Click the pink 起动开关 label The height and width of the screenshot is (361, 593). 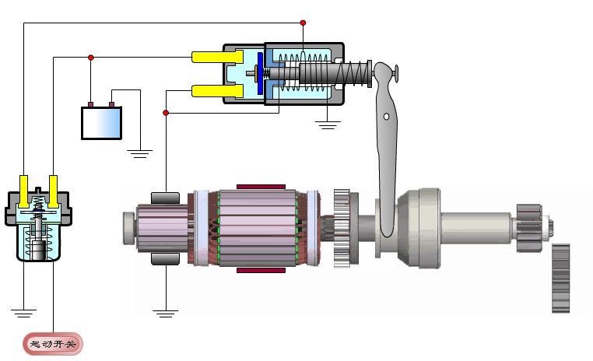tap(53, 344)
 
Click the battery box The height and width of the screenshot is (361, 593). tap(101, 123)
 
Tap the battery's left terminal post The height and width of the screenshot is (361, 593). tap(90, 104)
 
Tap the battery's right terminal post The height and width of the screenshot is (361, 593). tap(111, 104)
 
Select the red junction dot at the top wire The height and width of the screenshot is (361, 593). tap(303, 23)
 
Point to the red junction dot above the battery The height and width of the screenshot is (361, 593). tap(91, 58)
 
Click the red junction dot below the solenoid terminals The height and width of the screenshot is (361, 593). tap(166, 113)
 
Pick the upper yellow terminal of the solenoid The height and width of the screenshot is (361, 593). tap(217, 57)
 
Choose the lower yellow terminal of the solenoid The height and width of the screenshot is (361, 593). tap(217, 91)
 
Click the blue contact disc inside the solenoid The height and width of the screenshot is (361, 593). tap(260, 73)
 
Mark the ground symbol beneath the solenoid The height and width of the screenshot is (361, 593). tap(328, 124)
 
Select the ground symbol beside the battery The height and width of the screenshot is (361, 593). tap(140, 153)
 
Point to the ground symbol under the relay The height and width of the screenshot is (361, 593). tap(24, 313)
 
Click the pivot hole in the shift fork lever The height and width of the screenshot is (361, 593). tap(386, 117)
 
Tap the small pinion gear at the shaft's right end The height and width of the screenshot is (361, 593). tap(529, 228)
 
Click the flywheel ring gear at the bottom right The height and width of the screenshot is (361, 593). tap(561, 279)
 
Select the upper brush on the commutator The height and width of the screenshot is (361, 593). tap(165, 198)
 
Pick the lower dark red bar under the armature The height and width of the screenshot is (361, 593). tap(261, 270)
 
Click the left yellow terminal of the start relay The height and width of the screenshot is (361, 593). tap(24, 191)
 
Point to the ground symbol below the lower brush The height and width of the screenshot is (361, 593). tap(166, 314)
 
